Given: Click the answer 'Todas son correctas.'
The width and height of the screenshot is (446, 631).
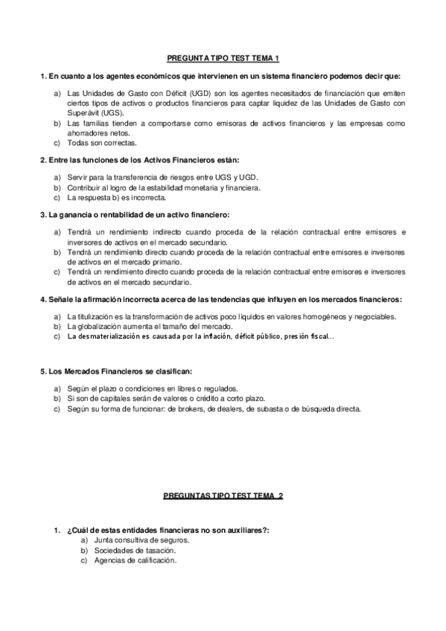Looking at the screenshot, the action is pos(96,142).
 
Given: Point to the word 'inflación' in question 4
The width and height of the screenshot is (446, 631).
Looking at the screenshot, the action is pos(237,337).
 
